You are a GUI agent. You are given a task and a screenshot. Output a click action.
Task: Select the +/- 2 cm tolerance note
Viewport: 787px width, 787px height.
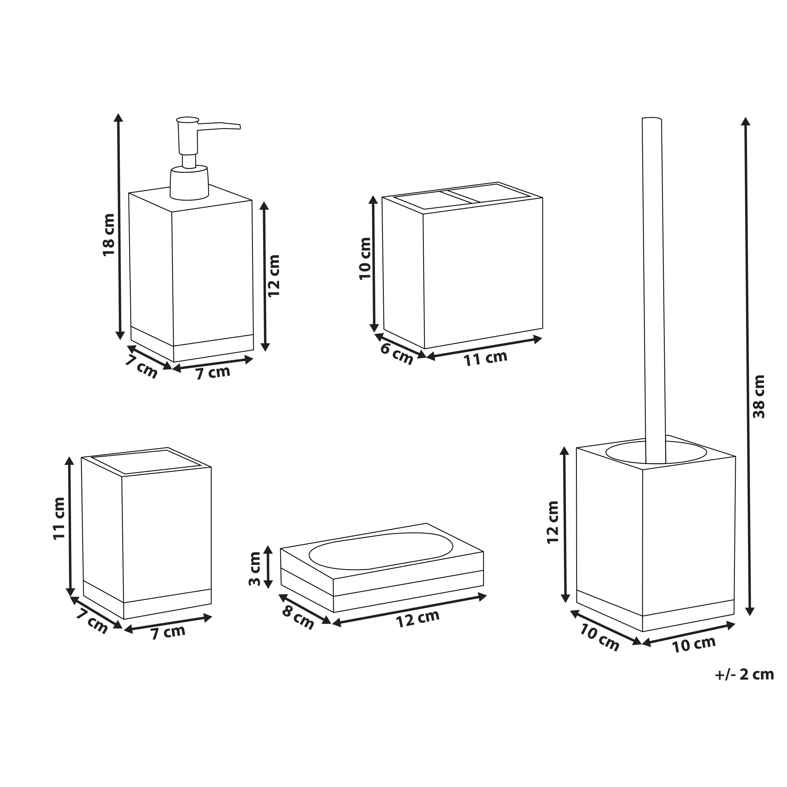744,674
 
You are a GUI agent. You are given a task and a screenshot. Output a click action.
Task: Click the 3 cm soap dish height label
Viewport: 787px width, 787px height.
255,568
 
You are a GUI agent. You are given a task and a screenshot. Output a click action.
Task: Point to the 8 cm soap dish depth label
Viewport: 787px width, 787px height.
298,618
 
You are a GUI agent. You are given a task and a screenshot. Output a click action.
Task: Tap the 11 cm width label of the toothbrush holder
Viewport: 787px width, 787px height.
485,358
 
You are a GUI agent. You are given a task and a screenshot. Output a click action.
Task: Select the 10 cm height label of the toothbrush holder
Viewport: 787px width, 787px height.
365,258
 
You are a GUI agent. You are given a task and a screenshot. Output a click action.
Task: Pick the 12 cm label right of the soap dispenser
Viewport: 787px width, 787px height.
274,275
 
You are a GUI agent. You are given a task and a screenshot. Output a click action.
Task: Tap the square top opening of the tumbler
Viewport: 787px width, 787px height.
145,461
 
